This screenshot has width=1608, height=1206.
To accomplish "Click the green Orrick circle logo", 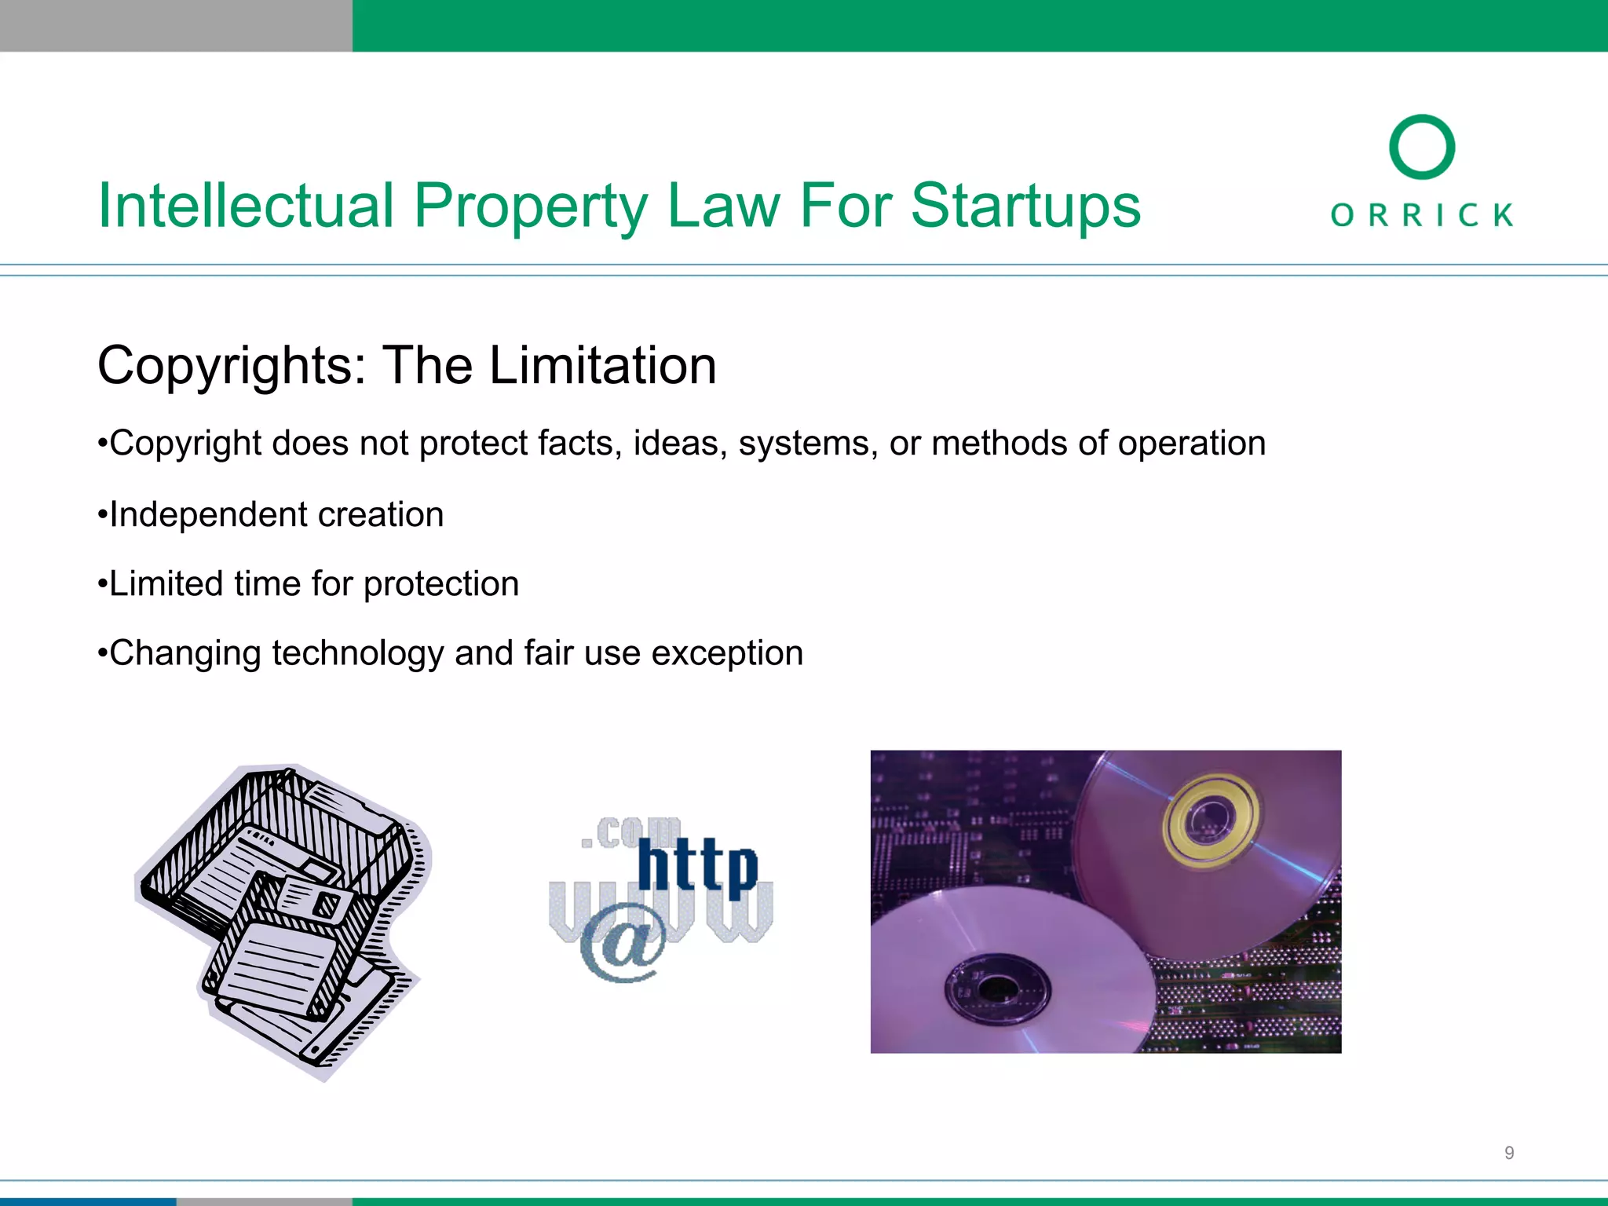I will [x=1421, y=148].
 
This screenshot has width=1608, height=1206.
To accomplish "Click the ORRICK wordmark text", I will [x=1421, y=214].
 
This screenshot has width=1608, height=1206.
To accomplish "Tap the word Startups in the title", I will [x=1025, y=206].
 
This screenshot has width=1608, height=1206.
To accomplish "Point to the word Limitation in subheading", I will [x=602, y=366].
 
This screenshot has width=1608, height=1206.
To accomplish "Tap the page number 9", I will [x=1508, y=1153].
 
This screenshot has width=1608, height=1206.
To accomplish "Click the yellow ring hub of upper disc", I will [x=1210, y=820].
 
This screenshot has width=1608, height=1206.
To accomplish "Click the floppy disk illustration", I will [x=283, y=919].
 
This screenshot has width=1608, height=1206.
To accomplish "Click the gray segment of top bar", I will [x=176, y=25].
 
